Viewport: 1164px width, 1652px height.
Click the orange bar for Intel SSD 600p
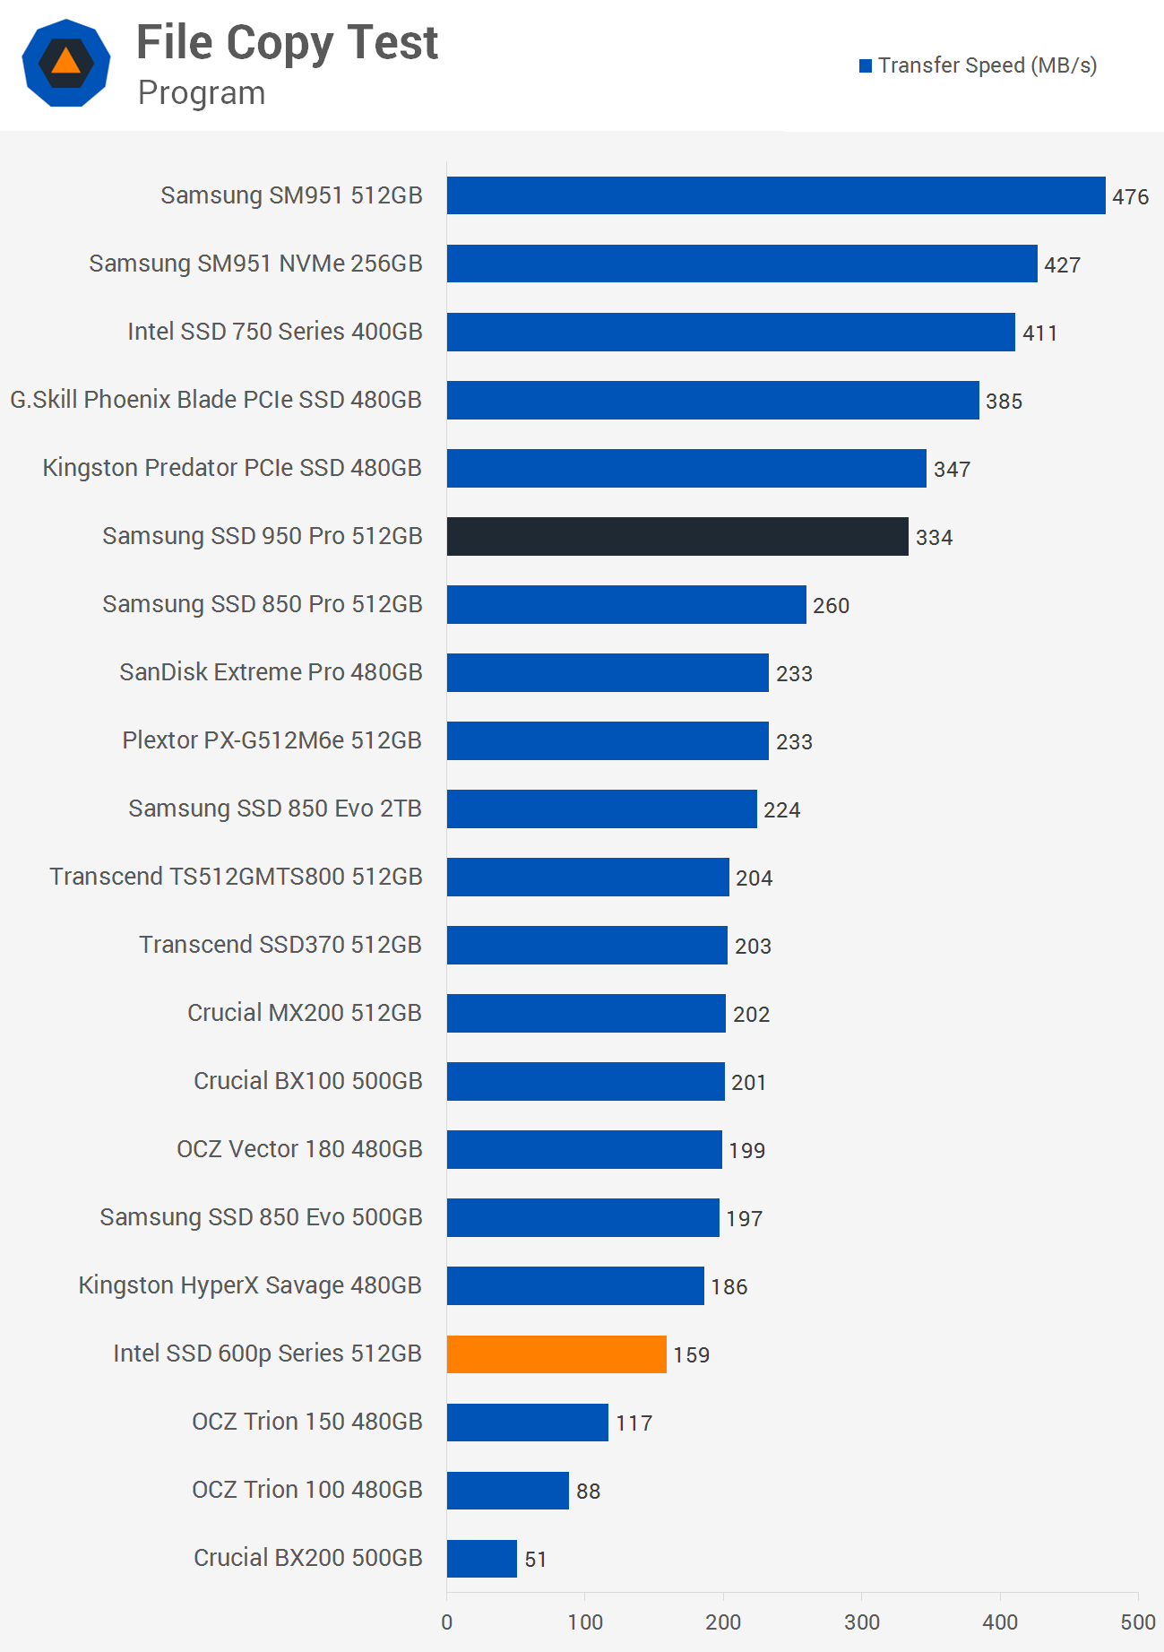[556, 1354]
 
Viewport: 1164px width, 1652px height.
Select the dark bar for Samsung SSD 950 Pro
[677, 536]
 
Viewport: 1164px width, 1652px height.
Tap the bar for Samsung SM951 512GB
[776, 195]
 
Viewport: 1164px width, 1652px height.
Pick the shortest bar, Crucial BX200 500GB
[482, 1558]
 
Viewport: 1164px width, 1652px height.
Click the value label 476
[1130, 197]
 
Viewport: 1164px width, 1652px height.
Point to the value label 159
[691, 1354]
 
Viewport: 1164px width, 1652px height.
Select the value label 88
[588, 1491]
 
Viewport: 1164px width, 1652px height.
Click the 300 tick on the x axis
[862, 1622]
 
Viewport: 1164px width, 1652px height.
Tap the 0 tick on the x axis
[447, 1622]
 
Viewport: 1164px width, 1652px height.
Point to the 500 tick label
[1138, 1622]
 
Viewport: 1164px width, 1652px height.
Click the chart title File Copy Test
[287, 42]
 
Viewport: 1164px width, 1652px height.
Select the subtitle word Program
[202, 93]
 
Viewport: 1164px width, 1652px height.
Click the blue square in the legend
[866, 65]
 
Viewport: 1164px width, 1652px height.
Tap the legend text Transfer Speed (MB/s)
[987, 65]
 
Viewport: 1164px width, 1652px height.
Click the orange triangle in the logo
[65, 61]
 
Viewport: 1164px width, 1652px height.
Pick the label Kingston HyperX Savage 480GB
[250, 1285]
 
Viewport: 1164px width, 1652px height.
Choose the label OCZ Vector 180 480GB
[299, 1149]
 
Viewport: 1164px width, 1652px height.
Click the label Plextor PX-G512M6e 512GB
[272, 740]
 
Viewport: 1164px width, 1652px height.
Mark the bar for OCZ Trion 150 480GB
[528, 1422]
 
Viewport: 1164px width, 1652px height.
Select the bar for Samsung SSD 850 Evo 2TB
[602, 809]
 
